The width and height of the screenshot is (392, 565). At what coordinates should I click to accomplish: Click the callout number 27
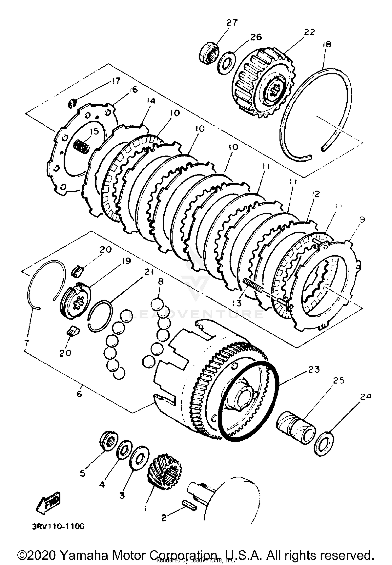(x=232, y=23)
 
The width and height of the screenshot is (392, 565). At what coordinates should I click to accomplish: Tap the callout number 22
(x=309, y=32)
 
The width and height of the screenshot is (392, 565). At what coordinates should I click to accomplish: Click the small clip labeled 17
(x=72, y=103)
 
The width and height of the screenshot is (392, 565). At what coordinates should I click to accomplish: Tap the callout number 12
(x=315, y=194)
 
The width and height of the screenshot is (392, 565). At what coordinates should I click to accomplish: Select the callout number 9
(x=362, y=219)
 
